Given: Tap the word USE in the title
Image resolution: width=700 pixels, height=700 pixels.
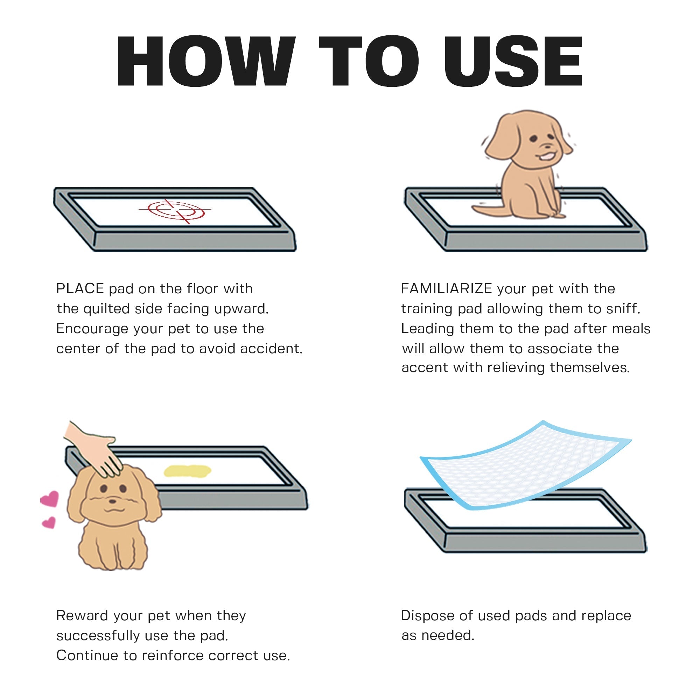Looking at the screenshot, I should (513, 62).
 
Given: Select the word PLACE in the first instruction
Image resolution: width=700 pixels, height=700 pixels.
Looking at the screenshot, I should (80, 289).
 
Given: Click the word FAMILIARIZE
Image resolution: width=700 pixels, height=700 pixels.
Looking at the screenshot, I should (446, 289).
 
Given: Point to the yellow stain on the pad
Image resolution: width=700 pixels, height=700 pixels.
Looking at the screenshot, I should (187, 471).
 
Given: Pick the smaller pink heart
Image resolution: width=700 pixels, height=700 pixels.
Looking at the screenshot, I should (49, 523).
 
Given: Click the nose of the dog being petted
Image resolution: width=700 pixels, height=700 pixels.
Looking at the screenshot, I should (113, 502).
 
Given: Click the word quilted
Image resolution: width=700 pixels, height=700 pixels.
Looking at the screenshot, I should (106, 309).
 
